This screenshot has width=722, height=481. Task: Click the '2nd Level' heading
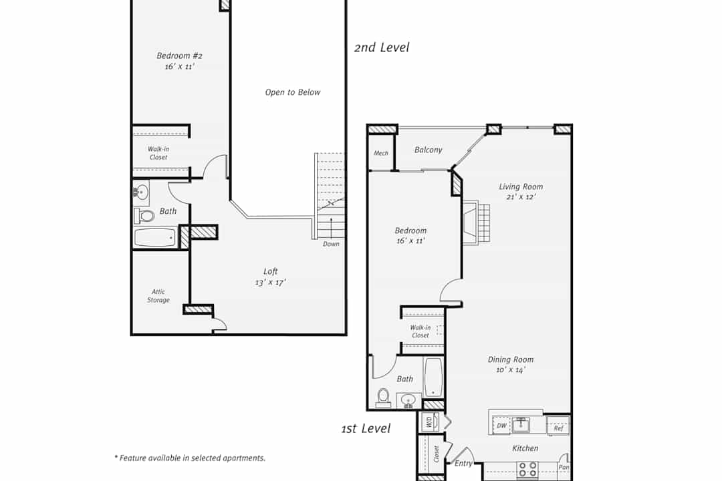point(381,47)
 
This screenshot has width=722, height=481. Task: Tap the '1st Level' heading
point(366,428)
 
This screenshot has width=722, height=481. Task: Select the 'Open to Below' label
point(292,92)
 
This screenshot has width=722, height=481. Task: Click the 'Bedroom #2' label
point(179,55)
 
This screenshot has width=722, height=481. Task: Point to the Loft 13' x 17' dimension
point(270,283)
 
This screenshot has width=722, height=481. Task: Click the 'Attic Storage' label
point(158,295)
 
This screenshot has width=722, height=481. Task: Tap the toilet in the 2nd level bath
point(144,215)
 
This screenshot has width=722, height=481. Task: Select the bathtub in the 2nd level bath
point(155,238)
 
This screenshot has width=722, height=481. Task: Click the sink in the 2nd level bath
point(141,192)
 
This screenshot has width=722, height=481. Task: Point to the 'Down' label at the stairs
point(331,244)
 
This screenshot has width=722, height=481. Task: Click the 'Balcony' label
point(428,150)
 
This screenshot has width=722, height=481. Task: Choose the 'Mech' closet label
point(381,153)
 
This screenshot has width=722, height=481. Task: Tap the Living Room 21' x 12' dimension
point(521,197)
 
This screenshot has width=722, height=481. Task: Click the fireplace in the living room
point(476,222)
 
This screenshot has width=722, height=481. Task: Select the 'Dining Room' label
point(511,359)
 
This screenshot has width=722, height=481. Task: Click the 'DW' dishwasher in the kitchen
point(501,426)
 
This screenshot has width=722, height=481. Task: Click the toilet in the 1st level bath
point(383,398)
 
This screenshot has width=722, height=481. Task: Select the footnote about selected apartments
point(190,458)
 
